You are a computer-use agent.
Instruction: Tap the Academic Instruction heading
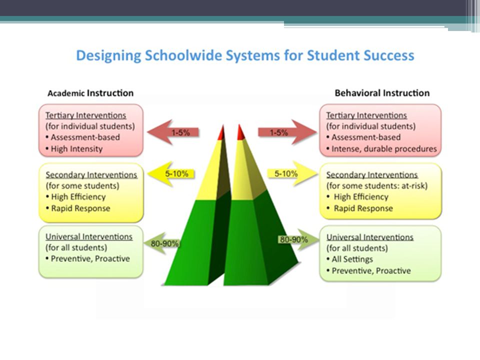[x=90, y=93]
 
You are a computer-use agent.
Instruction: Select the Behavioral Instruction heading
[x=382, y=93]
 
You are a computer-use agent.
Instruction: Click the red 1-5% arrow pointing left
[x=173, y=132]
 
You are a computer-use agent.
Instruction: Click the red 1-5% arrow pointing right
[x=287, y=132]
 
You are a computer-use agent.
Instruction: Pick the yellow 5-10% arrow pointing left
[x=171, y=174]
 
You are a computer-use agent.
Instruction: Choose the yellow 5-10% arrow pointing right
[x=292, y=174]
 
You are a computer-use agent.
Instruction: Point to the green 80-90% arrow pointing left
[x=161, y=243]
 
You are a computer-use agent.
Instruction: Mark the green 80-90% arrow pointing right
[x=298, y=239]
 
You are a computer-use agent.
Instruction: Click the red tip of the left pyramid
[x=221, y=133]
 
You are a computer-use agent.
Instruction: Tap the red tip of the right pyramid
[x=241, y=133]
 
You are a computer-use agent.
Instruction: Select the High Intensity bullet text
[x=76, y=149]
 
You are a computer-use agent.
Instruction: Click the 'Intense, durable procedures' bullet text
[x=384, y=149]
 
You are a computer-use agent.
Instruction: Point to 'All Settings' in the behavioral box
[x=352, y=259]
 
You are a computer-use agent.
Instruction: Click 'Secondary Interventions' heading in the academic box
[x=91, y=175]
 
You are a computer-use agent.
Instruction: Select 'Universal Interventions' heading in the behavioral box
[x=370, y=237]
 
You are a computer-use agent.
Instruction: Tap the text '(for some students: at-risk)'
[x=377, y=186]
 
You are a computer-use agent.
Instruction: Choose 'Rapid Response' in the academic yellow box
[x=80, y=208]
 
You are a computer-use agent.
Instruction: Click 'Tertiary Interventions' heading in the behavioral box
[x=366, y=115]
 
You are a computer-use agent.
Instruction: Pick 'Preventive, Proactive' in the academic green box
[x=90, y=258]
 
